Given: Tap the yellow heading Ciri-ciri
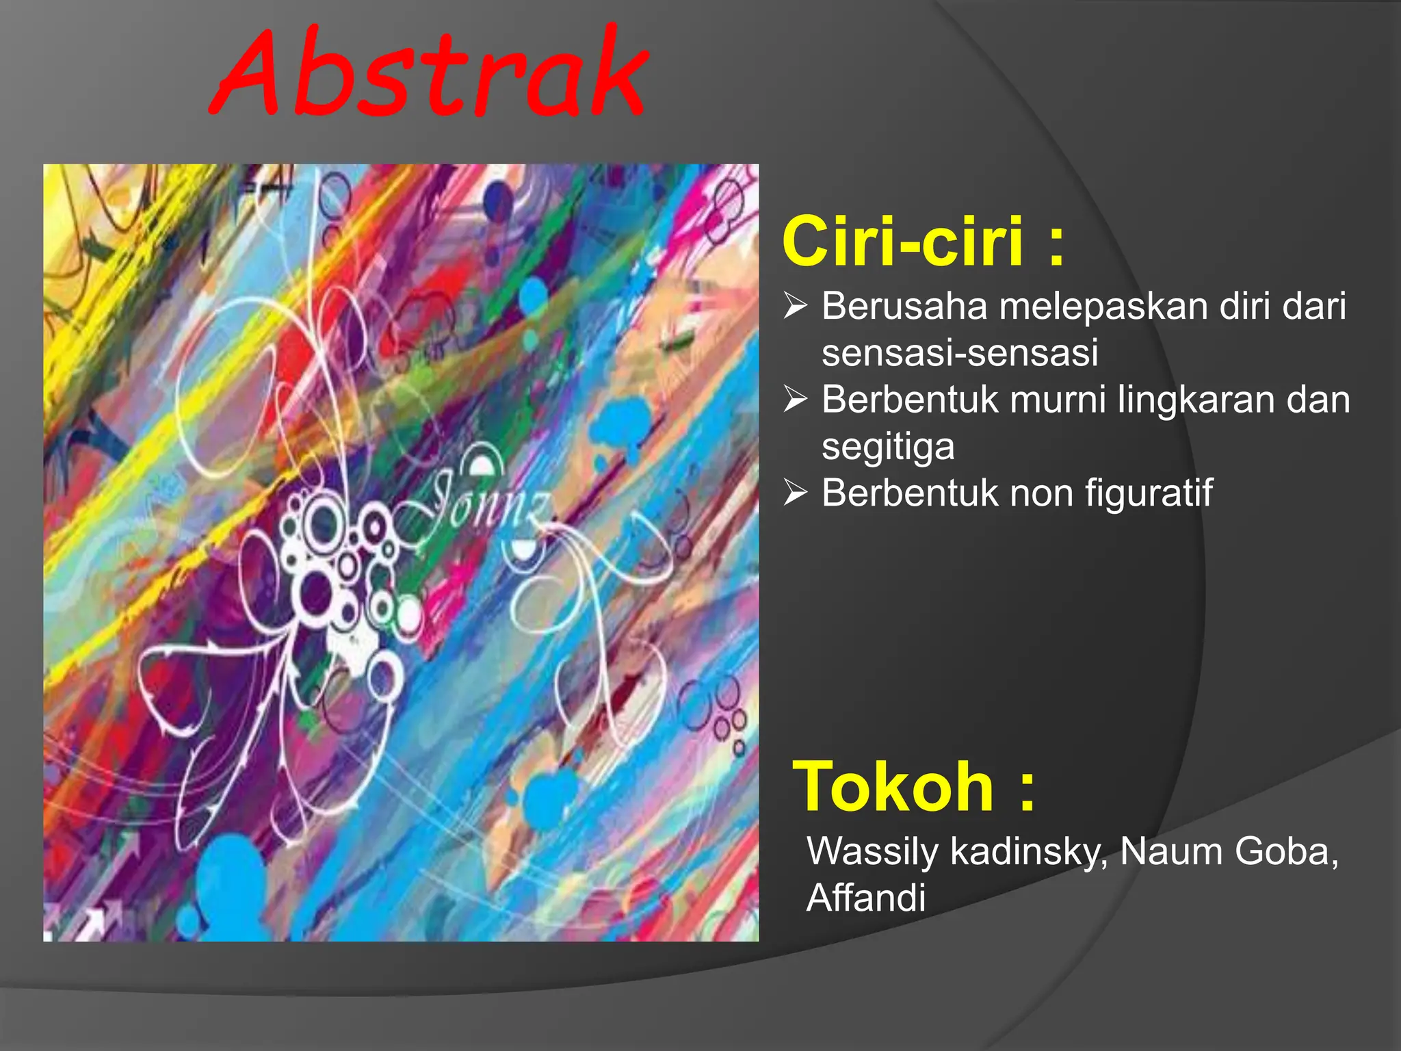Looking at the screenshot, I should (903, 241).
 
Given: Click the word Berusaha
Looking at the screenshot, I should (904, 306).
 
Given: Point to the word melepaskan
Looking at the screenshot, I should (1094, 307).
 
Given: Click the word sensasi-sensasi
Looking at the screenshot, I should (960, 353).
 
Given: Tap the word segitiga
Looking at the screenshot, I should (888, 447).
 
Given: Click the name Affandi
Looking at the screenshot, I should (866, 898).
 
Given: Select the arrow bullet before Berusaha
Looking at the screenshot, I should (796, 306).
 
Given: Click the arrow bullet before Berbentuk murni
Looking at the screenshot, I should (796, 400).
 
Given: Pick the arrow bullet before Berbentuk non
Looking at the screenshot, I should (796, 493).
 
